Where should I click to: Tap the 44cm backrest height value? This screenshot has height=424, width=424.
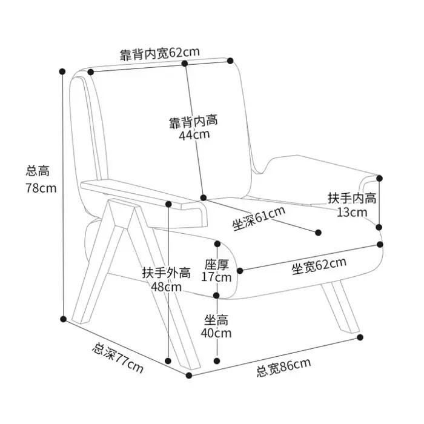(194, 134)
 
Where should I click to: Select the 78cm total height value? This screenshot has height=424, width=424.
(41, 188)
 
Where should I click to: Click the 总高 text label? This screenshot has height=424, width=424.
(38, 171)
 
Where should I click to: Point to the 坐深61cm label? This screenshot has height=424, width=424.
(259, 219)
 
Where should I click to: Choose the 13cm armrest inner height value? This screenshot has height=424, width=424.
(352, 212)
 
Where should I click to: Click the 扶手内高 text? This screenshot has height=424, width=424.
(352, 198)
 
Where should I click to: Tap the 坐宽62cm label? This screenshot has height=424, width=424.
(319, 266)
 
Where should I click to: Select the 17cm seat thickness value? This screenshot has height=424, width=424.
(216, 277)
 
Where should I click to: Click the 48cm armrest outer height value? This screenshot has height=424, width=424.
(166, 287)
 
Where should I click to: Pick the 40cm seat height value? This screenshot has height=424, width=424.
(216, 333)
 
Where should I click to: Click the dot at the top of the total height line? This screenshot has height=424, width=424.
(62, 71)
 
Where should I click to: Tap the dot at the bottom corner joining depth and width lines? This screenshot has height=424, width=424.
(189, 376)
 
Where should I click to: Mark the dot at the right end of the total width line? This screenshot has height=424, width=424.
(360, 337)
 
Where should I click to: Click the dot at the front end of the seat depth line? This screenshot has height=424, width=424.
(318, 232)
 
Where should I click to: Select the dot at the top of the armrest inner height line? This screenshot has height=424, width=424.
(379, 178)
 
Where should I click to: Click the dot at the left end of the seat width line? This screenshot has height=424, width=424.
(240, 270)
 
